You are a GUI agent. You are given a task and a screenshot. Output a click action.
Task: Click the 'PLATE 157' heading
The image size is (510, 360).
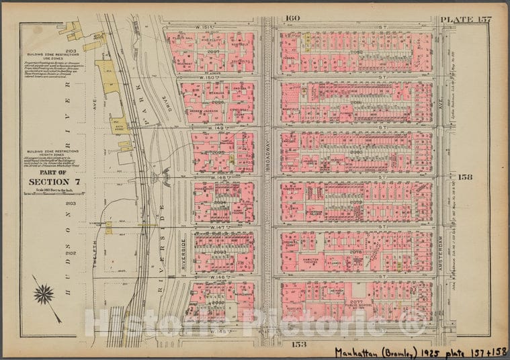466,18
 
